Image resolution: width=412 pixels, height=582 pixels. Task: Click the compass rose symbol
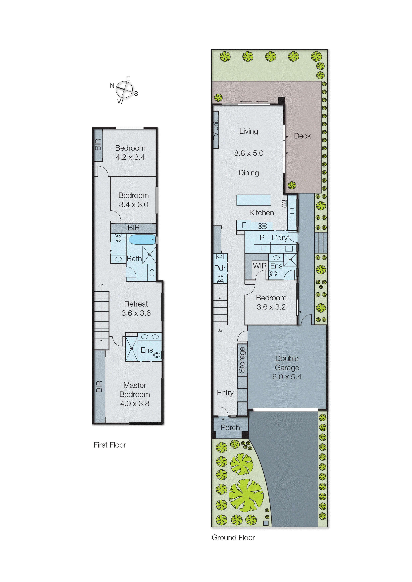tap(124, 89)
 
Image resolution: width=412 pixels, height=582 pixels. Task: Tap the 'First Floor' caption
tap(110, 445)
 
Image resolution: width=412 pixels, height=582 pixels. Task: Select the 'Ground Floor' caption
tap(233, 538)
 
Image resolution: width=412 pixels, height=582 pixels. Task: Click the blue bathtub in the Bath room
tap(142, 239)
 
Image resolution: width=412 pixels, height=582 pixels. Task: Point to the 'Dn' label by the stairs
tap(101, 285)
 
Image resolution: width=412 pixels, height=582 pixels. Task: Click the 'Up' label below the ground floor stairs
tap(219, 330)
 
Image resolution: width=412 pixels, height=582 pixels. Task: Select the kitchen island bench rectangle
tap(254, 200)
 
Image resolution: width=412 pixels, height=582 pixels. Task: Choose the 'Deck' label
tap(302, 136)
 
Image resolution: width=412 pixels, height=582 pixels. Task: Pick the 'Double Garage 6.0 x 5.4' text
tap(287, 368)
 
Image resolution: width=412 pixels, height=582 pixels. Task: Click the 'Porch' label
tap(230, 427)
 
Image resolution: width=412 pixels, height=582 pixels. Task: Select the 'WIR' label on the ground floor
tap(259, 266)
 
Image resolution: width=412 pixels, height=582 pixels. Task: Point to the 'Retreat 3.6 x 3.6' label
tap(136, 308)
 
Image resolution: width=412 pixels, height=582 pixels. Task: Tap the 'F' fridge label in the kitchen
tap(244, 225)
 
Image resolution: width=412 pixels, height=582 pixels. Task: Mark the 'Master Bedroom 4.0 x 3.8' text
tap(135, 394)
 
